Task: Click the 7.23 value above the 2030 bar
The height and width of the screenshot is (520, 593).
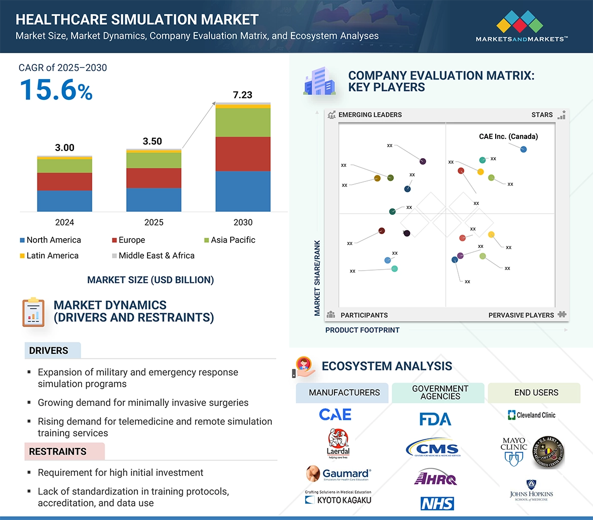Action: click(242, 95)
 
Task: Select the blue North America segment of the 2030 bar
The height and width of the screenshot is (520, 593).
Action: click(243, 191)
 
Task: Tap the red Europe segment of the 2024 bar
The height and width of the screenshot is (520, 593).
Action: click(64, 181)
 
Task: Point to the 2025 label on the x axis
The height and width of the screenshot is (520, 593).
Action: click(154, 222)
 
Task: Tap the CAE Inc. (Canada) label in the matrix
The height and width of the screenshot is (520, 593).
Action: click(508, 136)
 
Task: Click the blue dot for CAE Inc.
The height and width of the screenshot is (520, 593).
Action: click(524, 149)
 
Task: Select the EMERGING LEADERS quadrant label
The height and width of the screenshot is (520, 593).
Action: click(369, 115)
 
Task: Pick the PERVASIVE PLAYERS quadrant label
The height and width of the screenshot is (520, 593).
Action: click(521, 315)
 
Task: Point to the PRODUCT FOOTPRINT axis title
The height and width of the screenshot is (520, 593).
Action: click(362, 330)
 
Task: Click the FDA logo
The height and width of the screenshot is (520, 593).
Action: click(435, 419)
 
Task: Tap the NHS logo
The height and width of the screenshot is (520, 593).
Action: click(437, 503)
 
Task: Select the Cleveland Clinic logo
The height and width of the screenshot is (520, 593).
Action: click(532, 415)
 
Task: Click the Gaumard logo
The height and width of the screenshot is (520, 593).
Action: click(339, 474)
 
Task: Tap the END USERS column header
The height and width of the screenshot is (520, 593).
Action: click(536, 393)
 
